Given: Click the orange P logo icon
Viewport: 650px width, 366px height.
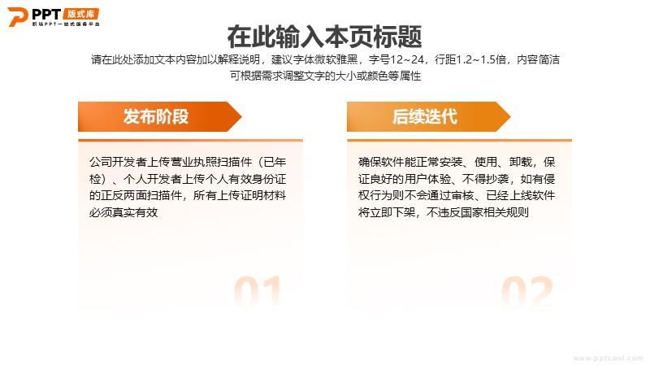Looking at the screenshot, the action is click(x=17, y=16).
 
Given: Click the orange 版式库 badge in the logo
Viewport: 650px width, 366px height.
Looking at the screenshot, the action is click(x=81, y=14).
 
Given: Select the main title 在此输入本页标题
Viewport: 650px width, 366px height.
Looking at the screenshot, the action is click(x=324, y=37).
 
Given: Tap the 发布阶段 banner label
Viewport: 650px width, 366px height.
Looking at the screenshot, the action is click(x=156, y=116).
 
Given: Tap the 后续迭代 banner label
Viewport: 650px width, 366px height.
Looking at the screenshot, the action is click(x=425, y=116).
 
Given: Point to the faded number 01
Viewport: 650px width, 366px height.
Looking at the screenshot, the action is click(x=258, y=292).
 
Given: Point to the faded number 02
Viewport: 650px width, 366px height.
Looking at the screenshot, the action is click(x=527, y=292).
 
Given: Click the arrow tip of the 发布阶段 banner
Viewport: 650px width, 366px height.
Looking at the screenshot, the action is click(x=241, y=116).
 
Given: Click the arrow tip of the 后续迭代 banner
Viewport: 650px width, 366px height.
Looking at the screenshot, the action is click(x=510, y=116).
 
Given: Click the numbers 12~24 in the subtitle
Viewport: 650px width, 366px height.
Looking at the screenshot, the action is click(x=407, y=59).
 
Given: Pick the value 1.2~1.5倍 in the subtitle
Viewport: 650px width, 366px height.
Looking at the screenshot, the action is click(x=481, y=59).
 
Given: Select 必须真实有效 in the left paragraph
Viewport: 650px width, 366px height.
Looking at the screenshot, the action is click(x=123, y=212).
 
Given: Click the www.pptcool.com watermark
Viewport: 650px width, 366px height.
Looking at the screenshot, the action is click(x=608, y=358).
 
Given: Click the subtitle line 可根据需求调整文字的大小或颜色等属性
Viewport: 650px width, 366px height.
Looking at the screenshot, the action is click(x=326, y=76).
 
